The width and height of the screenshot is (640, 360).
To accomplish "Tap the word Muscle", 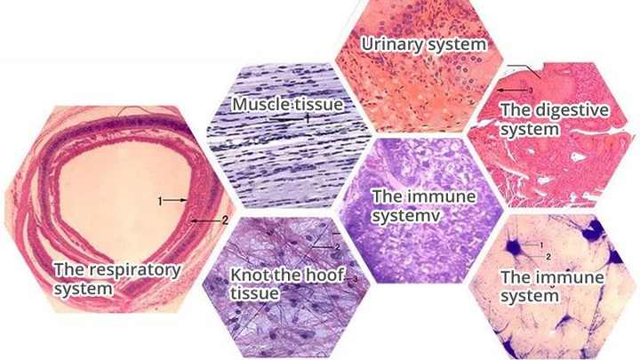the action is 258,104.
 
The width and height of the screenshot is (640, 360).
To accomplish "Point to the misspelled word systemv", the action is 406,216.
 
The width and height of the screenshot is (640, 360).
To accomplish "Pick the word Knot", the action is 245,275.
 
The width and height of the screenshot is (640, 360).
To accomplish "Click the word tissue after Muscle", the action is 316,104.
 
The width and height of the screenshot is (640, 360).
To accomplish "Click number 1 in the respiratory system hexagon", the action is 160,200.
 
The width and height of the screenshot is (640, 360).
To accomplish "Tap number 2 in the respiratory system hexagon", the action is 225,220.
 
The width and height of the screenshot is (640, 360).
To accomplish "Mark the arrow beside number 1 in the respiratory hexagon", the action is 176,200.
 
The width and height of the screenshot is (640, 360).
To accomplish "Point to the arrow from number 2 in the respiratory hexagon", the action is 206,220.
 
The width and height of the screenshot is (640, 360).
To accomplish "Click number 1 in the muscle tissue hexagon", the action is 308,119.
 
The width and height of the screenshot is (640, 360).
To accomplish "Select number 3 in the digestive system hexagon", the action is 531,90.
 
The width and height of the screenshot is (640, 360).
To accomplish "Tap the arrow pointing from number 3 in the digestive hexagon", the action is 513,90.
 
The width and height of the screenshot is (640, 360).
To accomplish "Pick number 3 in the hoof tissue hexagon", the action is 355,279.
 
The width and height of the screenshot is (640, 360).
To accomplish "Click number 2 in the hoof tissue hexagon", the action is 338,247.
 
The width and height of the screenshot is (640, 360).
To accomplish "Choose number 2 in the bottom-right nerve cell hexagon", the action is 548,257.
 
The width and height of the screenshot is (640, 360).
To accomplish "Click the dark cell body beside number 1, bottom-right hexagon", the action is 514,247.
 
